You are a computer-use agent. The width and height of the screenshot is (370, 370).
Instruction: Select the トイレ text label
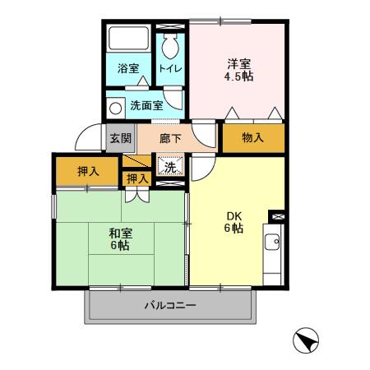[x=171, y=68]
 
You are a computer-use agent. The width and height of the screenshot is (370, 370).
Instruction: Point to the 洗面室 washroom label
[x=146, y=106]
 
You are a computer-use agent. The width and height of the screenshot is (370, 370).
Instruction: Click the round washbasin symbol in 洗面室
[x=115, y=106]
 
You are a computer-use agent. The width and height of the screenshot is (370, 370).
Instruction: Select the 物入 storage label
[x=252, y=138]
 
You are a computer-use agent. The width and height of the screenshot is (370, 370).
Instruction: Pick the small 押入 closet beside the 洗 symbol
[x=137, y=178]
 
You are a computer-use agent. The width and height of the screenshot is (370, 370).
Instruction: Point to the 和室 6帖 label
[x=121, y=238]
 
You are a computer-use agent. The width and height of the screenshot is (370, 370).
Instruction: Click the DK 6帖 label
[x=235, y=222]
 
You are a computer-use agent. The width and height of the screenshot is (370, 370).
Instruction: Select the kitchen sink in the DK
[x=275, y=243]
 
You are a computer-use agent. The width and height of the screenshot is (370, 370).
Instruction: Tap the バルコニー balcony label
[x=170, y=306]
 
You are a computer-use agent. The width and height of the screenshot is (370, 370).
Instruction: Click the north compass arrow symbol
[x=306, y=340]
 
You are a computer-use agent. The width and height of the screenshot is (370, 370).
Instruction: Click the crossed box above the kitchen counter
[x=276, y=216]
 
